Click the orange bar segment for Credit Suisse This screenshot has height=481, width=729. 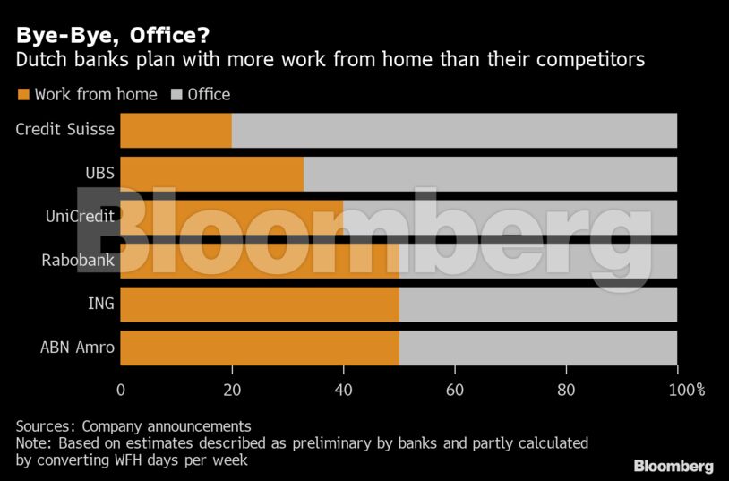click(x=176, y=130)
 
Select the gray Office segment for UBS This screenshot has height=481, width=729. click(x=490, y=174)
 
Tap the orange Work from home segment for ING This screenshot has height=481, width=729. click(x=259, y=304)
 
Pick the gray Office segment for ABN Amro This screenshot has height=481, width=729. click(x=537, y=347)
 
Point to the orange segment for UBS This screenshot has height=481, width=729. click(x=211, y=174)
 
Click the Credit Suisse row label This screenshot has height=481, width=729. click(x=65, y=129)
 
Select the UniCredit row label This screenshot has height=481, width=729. click(x=80, y=216)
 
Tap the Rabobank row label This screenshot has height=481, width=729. click(x=78, y=260)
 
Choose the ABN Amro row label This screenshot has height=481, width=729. click(x=77, y=347)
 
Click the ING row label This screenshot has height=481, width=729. click(x=100, y=304)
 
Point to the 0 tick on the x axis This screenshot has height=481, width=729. click(x=121, y=390)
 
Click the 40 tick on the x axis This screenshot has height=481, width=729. click(x=343, y=390)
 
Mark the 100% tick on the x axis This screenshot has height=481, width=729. click(x=686, y=390)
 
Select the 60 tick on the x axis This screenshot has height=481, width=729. click(x=455, y=390)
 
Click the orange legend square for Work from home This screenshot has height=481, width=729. click(x=22, y=94)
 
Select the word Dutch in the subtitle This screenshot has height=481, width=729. click(x=41, y=61)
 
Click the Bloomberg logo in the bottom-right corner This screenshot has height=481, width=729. click(x=673, y=466)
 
